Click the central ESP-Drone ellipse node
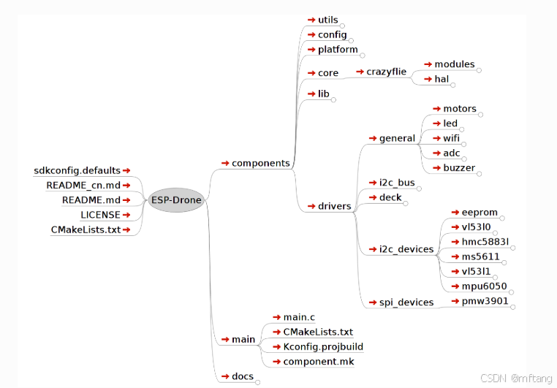click(176, 200)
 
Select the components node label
click(260, 163)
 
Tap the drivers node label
click(334, 206)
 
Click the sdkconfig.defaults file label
click(77, 171)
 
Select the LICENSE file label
click(100, 215)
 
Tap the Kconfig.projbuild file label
click(323, 346)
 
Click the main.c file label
click(298, 317)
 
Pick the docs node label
click(243, 376)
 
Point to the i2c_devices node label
click(406, 249)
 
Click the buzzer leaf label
click(459, 167)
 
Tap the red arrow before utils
click(311, 20)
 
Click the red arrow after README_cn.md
click(126, 186)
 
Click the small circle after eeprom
click(502, 218)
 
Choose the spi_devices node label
click(406, 302)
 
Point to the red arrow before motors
click(436, 109)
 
